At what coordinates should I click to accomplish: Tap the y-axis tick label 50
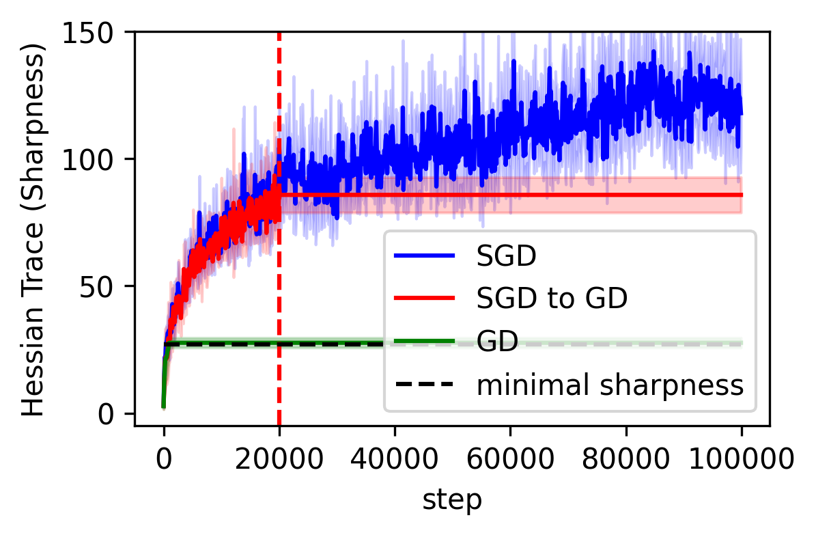pos(109,286)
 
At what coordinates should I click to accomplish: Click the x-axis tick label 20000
pos(279,458)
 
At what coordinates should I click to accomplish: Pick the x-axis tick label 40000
pos(395,458)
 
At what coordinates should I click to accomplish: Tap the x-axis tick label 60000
pos(510,458)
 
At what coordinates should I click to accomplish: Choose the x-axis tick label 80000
pos(625,458)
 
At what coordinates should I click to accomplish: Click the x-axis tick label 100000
pos(741,458)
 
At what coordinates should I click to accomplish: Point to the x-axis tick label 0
pos(164,458)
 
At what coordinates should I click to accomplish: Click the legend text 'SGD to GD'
pos(552,298)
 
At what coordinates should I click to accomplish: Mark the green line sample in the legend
pos(424,342)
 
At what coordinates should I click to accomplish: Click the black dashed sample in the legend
pos(424,385)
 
